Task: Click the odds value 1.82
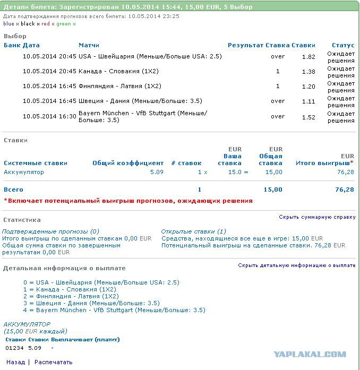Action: click(308, 56)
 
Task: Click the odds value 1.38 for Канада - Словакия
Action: click(308, 71)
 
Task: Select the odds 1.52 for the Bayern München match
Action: click(308, 116)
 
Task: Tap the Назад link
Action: click(15, 362)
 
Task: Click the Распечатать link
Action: click(53, 362)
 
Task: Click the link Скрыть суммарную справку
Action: click(317, 217)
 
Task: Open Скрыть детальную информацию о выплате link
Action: click(296, 265)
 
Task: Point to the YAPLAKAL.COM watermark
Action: click(310, 354)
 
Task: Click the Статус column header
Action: click(342, 45)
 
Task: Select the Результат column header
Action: click(245, 45)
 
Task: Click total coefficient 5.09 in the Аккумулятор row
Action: click(157, 172)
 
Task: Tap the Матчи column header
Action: click(89, 45)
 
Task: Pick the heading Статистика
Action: click(22, 220)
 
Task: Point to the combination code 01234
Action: click(14, 348)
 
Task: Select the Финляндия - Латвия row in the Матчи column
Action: click(119, 86)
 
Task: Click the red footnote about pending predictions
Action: click(128, 201)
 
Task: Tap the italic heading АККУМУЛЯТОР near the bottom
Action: click(27, 324)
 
